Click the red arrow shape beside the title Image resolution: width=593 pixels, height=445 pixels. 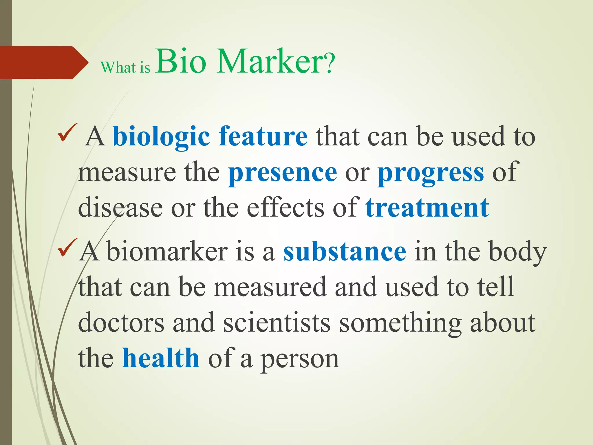pos(41,62)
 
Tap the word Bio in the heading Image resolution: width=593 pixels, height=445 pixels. pos(181,61)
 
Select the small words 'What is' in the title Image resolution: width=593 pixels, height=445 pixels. pos(125,68)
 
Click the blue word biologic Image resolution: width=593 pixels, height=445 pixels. pos(161,136)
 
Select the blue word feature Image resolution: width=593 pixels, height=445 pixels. pos(263,136)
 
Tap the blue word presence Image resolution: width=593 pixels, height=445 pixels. pos(283,172)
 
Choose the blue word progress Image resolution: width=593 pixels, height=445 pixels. pos(431,172)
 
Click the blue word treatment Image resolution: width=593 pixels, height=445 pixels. pos(427,208)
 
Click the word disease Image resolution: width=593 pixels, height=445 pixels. pos(120,208)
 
